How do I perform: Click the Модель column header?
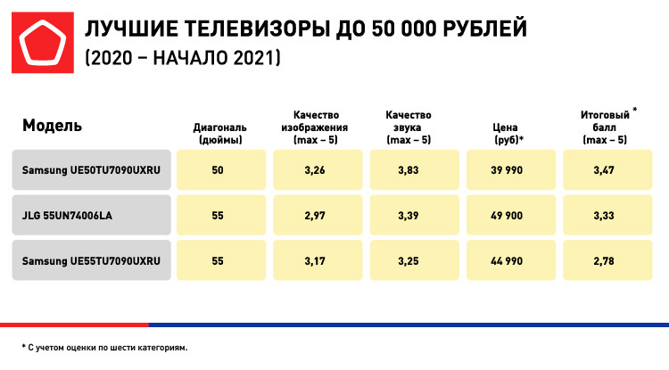(52, 126)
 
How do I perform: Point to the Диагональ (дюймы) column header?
(218, 134)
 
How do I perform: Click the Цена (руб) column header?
(508, 134)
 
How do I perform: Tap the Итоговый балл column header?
(606, 126)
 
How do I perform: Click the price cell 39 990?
(508, 169)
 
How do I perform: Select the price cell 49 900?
(508, 215)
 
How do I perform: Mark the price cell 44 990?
(508, 260)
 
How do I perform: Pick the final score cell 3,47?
(606, 169)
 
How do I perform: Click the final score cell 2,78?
(606, 260)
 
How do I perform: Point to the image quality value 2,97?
(315, 215)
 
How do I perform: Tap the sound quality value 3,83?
(412, 169)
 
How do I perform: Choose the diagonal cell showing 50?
(218, 169)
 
